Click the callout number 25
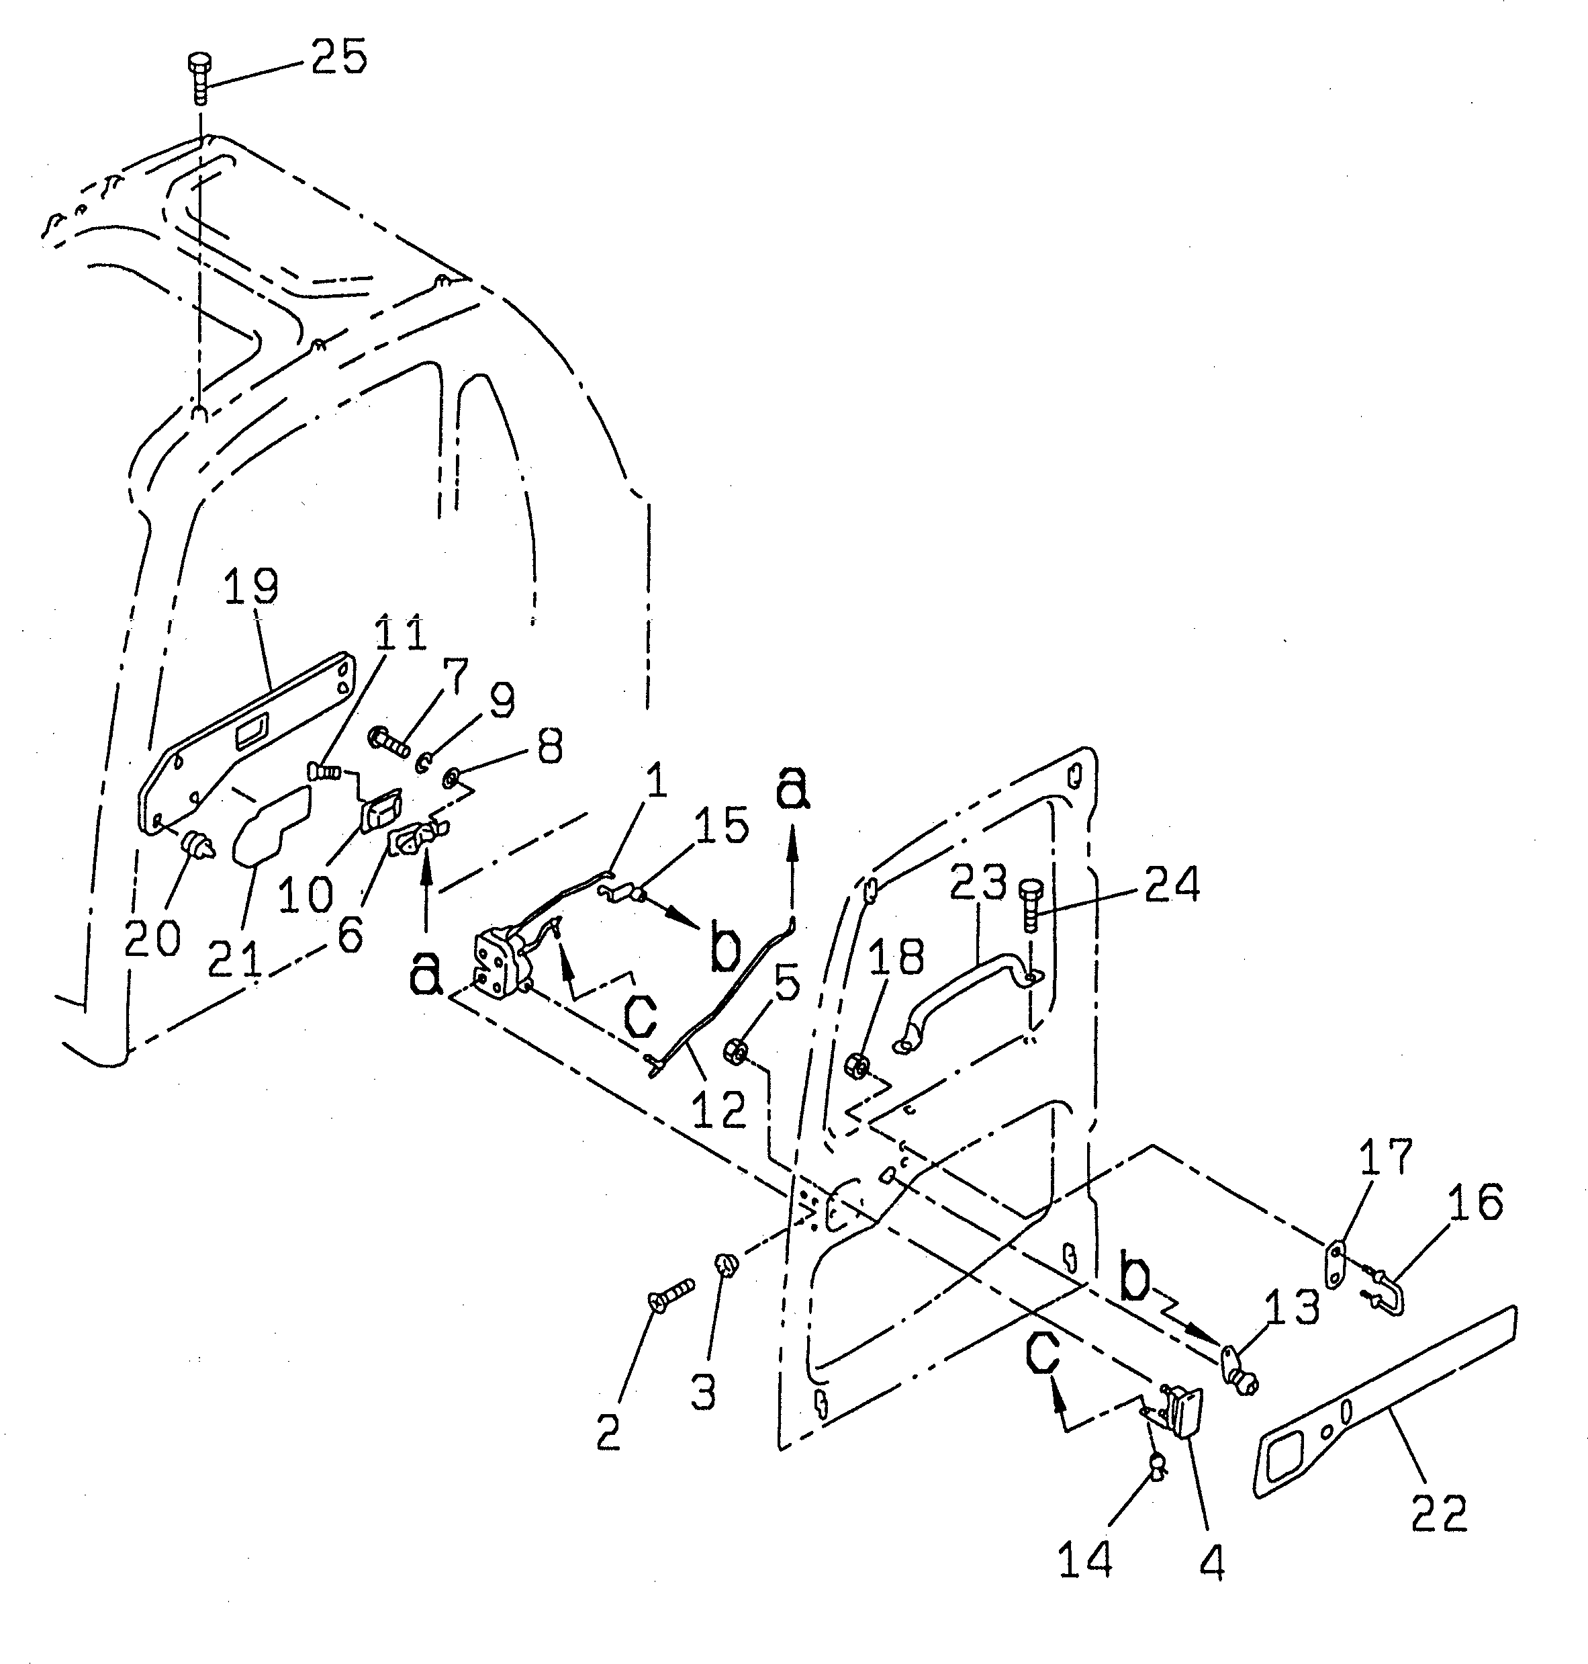pos(338,58)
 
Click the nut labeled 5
pos(734,1053)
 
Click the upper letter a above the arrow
pos(792,789)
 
